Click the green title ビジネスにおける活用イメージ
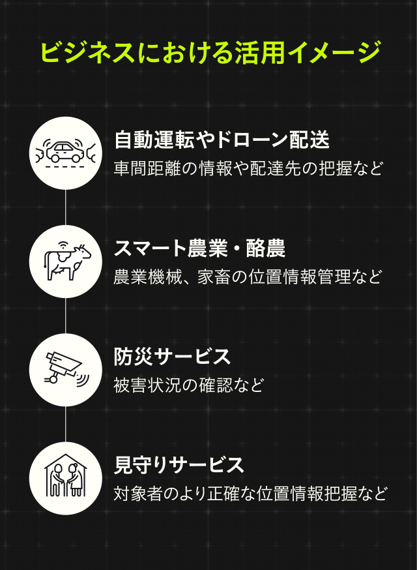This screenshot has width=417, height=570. click(210, 52)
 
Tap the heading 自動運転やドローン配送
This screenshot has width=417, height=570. click(222, 140)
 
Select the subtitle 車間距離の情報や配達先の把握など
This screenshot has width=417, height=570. click(248, 168)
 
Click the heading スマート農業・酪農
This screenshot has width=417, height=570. click(199, 248)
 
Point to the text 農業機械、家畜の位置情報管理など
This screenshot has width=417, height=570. click(248, 277)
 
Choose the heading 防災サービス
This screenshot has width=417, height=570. click(172, 357)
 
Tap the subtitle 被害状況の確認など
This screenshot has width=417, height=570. click(188, 385)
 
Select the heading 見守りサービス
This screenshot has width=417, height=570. click(179, 465)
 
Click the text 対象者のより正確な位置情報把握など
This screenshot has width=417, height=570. click(250, 494)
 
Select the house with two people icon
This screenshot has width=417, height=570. click(65, 475)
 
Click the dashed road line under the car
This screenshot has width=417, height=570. click(65, 167)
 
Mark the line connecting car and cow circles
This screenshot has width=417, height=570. click(65, 207)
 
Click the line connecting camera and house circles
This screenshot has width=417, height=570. click(65, 424)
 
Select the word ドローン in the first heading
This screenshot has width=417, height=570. click(252, 140)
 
